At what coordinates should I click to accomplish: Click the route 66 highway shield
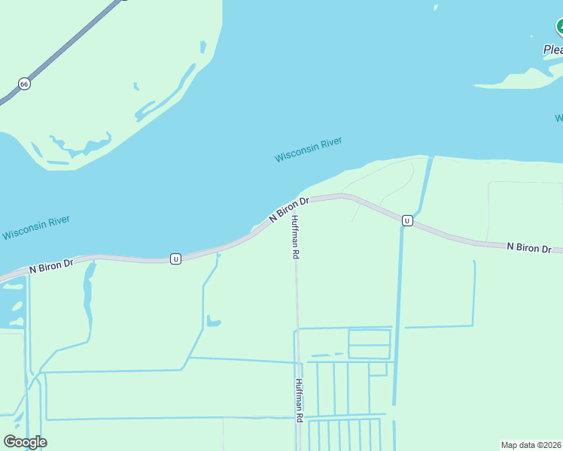tap(25, 84)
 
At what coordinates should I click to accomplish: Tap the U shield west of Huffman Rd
tap(175, 259)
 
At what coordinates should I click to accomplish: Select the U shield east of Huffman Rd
tap(406, 220)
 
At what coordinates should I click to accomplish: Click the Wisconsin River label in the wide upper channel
tap(309, 150)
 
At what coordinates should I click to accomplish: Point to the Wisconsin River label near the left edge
tap(35, 228)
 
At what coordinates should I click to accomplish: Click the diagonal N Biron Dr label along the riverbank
tap(290, 210)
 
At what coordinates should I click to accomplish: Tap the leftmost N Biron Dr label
tap(51, 265)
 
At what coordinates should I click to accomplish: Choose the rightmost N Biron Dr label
tap(528, 247)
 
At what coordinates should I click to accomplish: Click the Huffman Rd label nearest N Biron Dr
tap(296, 237)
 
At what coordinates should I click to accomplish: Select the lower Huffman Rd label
tap(299, 399)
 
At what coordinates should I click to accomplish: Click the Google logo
tap(25, 442)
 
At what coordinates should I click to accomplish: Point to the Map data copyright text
tap(531, 445)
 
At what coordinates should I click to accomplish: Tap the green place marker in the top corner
tap(559, 28)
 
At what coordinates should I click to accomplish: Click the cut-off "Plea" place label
tap(552, 50)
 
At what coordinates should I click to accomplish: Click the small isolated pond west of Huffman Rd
tap(214, 323)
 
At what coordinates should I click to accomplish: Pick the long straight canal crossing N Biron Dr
tap(398, 301)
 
